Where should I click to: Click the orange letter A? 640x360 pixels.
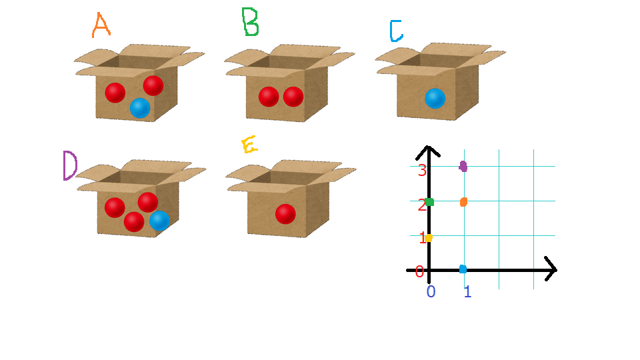tap(101, 25)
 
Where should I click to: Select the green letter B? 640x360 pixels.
tap(250, 21)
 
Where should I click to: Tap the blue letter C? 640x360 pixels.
tap(396, 31)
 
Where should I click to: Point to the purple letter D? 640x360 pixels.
tap(70, 165)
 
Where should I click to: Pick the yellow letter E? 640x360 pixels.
tap(249, 145)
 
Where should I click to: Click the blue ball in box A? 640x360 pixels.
tap(140, 108)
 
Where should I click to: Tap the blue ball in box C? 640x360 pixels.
tap(435, 99)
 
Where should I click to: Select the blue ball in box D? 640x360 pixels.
tap(159, 221)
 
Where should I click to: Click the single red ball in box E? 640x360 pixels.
tap(285, 214)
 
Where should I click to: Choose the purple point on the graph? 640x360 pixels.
tap(463, 166)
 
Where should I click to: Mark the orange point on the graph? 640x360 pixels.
tap(463, 202)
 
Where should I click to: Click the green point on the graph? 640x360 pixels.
tap(429, 202)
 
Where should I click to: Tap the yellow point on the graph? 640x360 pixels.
tap(429, 238)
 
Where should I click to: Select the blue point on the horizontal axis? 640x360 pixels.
tap(463, 269)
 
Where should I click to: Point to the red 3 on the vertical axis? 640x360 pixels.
tap(422, 170)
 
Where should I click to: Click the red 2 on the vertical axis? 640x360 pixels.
tap(421, 205)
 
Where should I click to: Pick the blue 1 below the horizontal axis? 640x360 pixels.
tap(467, 291)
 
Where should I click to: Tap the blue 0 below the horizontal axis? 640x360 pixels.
tap(431, 291)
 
